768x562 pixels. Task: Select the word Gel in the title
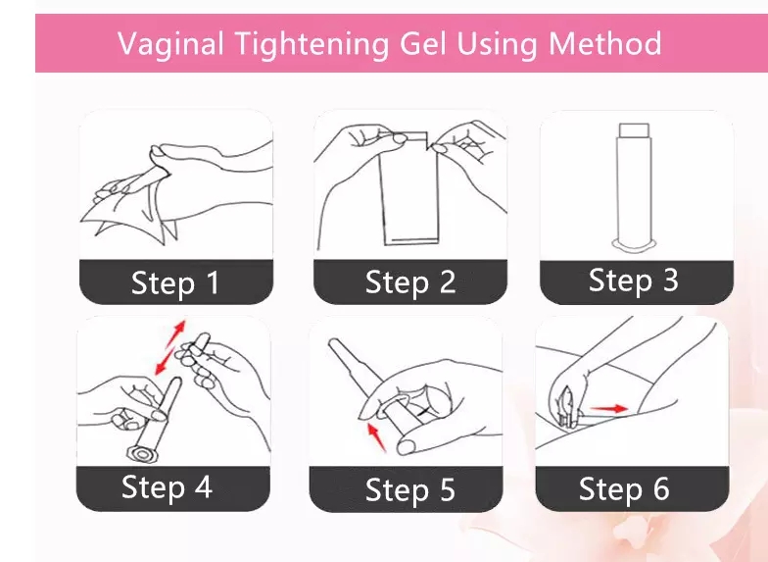[x=423, y=44]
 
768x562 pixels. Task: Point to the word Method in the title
[x=605, y=43]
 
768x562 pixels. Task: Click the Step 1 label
[x=175, y=282]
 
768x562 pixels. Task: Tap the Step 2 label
[x=410, y=282]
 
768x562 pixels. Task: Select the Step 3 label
[x=633, y=281]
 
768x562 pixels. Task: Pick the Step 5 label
[x=409, y=489]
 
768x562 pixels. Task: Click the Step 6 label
[x=624, y=488]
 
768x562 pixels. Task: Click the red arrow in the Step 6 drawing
[x=608, y=408]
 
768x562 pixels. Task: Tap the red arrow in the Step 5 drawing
[x=376, y=437]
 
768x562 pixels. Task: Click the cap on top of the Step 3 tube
[x=635, y=129]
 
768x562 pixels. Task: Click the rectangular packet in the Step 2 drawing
[x=409, y=188]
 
